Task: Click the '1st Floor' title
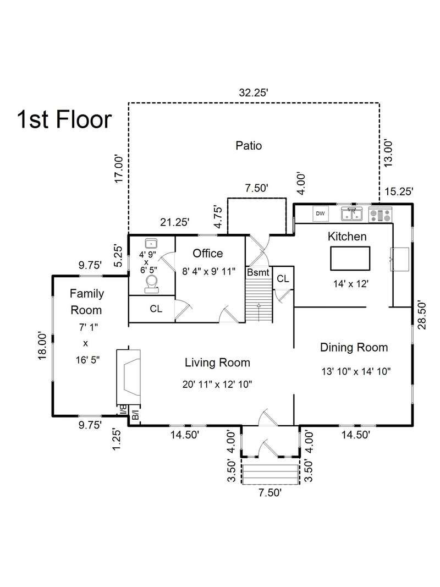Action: click(64, 119)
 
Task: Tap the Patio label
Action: click(249, 145)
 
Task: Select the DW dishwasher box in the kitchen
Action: click(321, 214)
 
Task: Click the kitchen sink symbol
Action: click(351, 214)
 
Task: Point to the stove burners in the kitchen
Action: click(380, 215)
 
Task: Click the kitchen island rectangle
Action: click(350, 259)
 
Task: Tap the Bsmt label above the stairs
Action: click(258, 272)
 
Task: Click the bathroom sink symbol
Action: click(151, 243)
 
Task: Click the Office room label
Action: click(208, 254)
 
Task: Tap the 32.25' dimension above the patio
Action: click(254, 92)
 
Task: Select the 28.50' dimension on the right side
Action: click(422, 315)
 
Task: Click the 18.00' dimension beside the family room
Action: click(42, 346)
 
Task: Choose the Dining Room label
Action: click(354, 347)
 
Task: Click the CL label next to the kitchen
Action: click(283, 279)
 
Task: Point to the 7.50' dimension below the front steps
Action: click(269, 493)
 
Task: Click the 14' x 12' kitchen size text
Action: click(351, 284)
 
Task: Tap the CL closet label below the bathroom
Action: click(156, 309)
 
